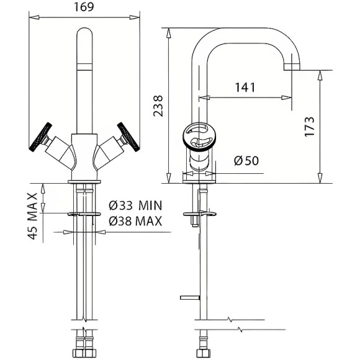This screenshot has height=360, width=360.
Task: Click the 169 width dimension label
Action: (x=84, y=7)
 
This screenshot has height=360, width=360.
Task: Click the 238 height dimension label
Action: (x=158, y=106)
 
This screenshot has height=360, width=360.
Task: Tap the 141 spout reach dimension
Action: (x=245, y=88)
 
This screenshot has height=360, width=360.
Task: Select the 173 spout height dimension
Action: (x=310, y=127)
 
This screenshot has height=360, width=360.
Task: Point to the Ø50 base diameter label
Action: (x=246, y=161)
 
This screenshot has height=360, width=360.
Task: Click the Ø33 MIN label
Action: (x=135, y=205)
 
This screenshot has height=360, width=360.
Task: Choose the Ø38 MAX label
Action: (x=135, y=221)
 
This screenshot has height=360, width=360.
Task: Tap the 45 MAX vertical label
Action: (x=32, y=216)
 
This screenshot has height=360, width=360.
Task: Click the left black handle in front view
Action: (x=41, y=137)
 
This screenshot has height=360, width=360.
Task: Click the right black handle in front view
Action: (x=128, y=137)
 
